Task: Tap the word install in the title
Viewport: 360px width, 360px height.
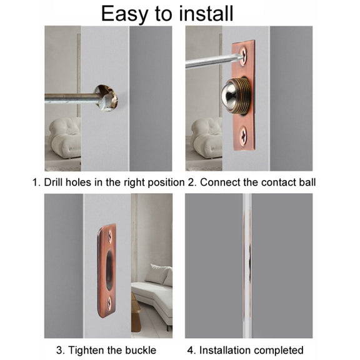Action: [x=206, y=13]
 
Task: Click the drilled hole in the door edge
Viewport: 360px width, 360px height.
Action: [x=106, y=97]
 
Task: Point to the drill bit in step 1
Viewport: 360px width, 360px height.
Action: [x=78, y=99]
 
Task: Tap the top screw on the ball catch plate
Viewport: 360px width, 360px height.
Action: [x=243, y=56]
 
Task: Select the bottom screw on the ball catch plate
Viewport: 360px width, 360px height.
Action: [x=243, y=136]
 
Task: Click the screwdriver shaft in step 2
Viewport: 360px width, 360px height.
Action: [x=213, y=61]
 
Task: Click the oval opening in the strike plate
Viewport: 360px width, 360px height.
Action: [x=109, y=269]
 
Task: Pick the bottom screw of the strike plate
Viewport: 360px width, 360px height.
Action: [x=109, y=303]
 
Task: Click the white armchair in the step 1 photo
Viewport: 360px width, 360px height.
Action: [x=65, y=137]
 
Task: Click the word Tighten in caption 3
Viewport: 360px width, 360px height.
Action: [x=86, y=351]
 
